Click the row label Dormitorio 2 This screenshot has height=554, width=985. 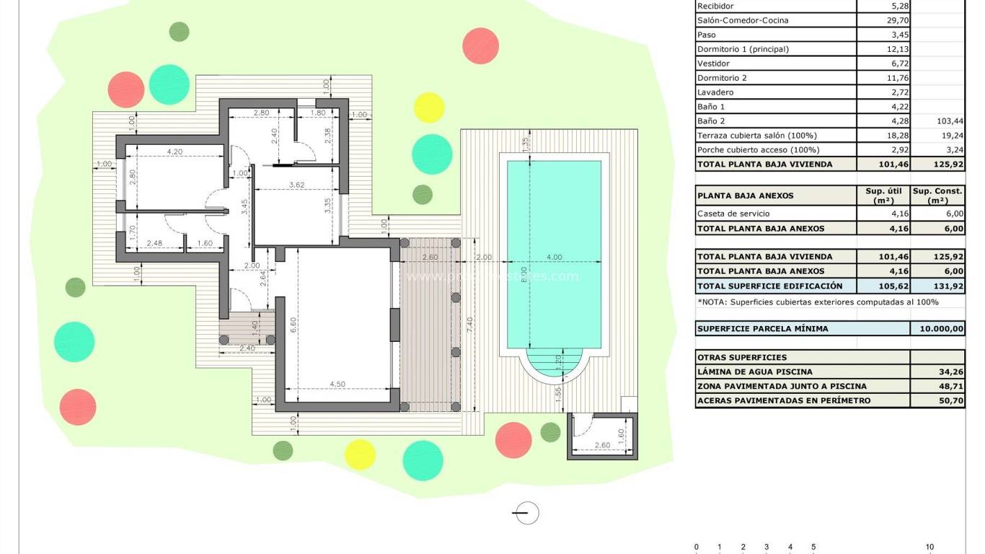point(722,78)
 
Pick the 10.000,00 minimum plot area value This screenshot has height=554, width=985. point(937,329)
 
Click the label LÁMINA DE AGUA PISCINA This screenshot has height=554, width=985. point(754,372)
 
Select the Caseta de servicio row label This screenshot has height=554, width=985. point(733,214)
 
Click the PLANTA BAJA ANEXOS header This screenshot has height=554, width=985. point(745,195)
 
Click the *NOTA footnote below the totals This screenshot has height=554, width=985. point(818,302)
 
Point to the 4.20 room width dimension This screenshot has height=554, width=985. point(174,151)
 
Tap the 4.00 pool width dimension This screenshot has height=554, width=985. point(554,258)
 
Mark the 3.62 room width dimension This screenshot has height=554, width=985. point(296,185)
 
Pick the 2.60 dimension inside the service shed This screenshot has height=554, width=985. point(602,445)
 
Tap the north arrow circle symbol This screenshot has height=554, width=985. point(526,513)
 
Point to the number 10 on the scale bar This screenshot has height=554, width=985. point(929,548)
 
